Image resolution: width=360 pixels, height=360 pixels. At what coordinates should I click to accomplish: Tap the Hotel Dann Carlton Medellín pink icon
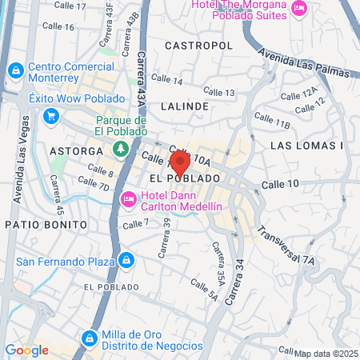(127, 198)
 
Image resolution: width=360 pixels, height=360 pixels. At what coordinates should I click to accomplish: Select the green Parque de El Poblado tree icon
(121, 148)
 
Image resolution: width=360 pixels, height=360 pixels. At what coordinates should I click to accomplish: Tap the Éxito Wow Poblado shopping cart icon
(51, 117)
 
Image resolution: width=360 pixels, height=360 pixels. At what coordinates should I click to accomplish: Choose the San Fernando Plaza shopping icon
(126, 260)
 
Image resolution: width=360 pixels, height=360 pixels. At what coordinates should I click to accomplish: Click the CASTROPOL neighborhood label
(198, 46)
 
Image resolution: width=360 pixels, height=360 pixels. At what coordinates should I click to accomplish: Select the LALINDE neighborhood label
(184, 106)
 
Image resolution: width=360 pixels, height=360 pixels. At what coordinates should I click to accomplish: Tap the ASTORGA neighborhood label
(77, 150)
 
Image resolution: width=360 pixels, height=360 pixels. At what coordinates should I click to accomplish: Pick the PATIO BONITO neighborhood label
(40, 225)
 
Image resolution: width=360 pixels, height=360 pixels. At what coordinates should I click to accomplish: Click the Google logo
(26, 350)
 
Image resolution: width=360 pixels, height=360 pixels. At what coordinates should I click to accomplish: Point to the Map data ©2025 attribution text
(326, 353)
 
